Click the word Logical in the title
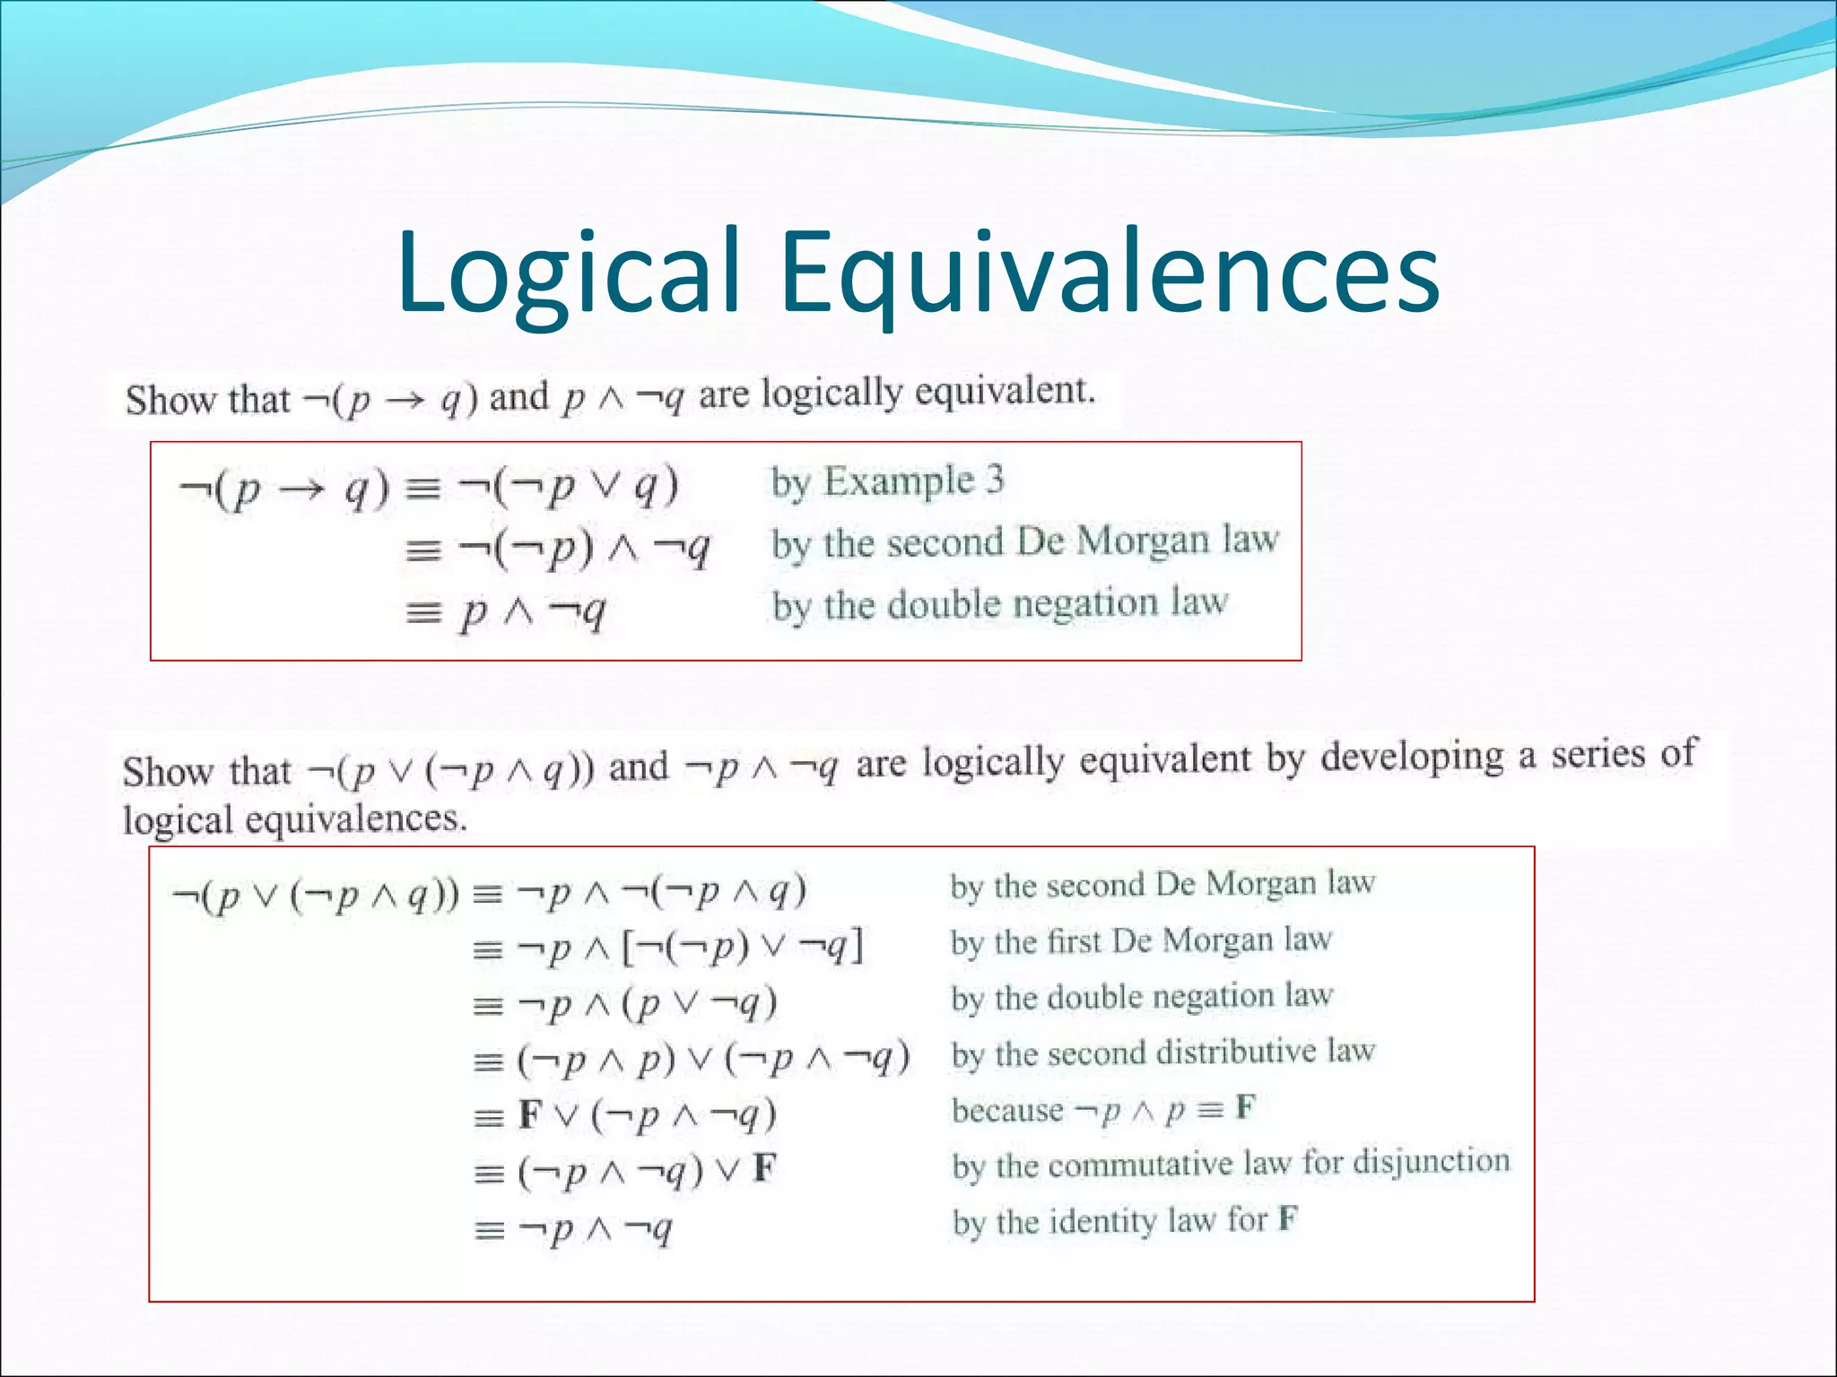pyautogui.click(x=569, y=273)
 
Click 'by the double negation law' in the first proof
pyautogui.click(x=999, y=604)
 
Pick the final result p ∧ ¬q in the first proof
pyautogui.click(x=533, y=612)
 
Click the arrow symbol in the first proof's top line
pyautogui.click(x=300, y=490)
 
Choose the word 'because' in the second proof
pyautogui.click(x=1007, y=1110)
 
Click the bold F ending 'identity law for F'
pyautogui.click(x=1287, y=1218)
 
